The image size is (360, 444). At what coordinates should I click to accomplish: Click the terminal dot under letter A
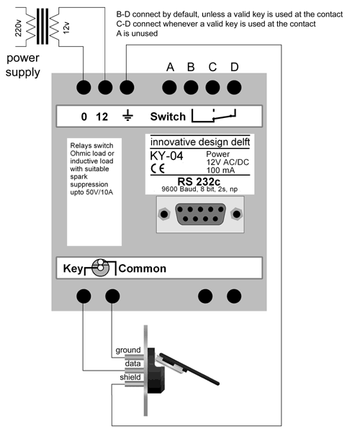171,88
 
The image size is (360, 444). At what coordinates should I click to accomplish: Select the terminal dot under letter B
192,88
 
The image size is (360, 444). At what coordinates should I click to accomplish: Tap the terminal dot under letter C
212,88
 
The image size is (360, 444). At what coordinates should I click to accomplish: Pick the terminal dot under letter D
233,88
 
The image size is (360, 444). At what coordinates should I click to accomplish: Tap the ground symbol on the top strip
127,116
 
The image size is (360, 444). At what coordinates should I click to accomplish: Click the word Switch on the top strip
167,116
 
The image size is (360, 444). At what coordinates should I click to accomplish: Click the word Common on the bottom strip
142,268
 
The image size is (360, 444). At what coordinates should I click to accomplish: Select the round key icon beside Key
101,268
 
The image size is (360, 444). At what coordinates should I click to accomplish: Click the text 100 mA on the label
222,171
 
